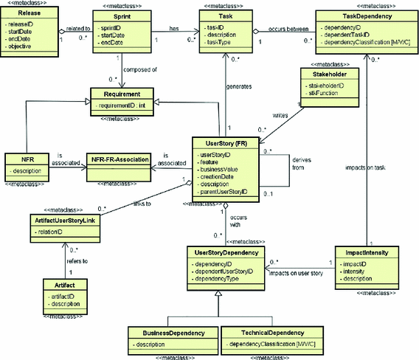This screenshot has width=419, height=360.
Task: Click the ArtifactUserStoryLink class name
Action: pyautogui.click(x=65, y=220)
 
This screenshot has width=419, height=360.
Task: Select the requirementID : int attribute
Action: pyautogui.click(x=122, y=106)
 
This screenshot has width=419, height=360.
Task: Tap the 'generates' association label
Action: pyautogui.click(x=238, y=86)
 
